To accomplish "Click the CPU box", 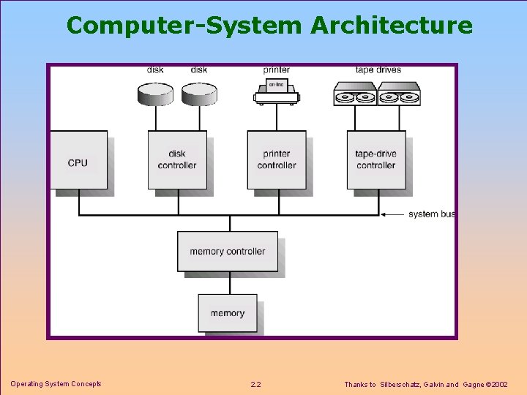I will [x=78, y=160].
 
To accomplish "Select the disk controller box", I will [x=177, y=160].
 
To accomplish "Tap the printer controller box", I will [x=276, y=160].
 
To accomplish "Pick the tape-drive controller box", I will [x=375, y=160].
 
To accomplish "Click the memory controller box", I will [x=227, y=252].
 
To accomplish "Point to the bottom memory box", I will [x=228, y=313].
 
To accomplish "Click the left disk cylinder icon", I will [x=155, y=93].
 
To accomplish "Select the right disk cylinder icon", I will [x=199, y=93].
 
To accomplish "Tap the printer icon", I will [x=277, y=92].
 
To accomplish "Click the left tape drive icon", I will [x=355, y=94].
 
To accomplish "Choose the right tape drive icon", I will [x=399, y=94].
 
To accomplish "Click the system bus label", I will [x=432, y=214].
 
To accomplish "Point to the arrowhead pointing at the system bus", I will [x=384, y=214].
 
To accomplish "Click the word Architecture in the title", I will [x=392, y=26].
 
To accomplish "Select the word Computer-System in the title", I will [x=184, y=26].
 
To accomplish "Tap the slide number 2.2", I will [x=255, y=385].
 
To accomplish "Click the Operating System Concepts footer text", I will [x=56, y=384].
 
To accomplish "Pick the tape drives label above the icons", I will [x=378, y=70].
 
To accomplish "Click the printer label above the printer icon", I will [x=277, y=70].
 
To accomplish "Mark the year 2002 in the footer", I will [x=500, y=385].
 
